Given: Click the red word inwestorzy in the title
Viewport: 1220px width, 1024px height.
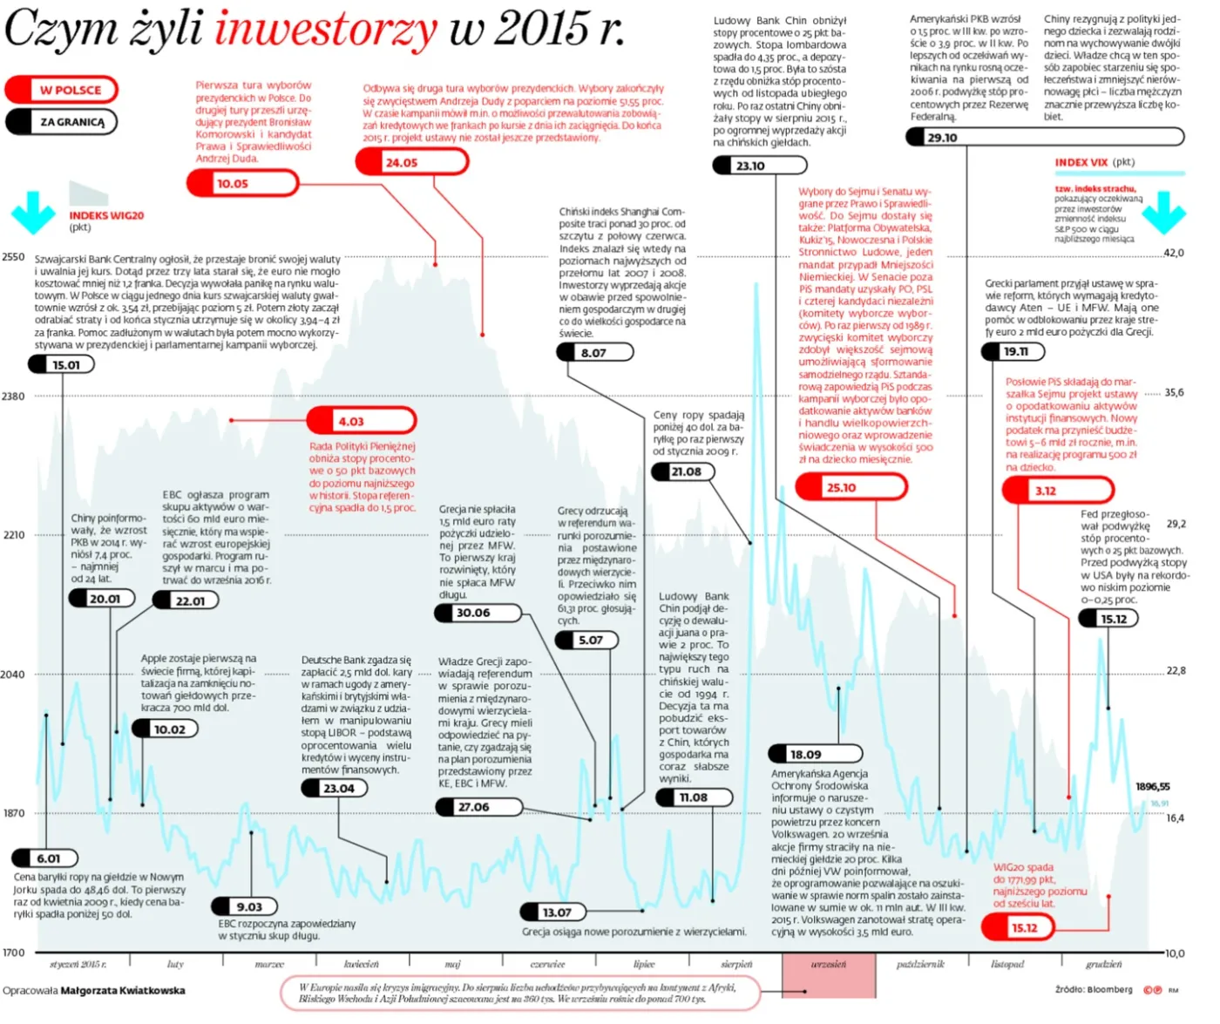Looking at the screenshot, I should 326,29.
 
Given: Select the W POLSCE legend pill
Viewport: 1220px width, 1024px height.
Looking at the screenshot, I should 62,90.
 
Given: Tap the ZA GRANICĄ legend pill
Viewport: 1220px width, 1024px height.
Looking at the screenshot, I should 62,122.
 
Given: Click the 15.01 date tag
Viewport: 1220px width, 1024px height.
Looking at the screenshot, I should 61,365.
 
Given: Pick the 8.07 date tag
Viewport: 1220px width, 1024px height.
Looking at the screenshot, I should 594,353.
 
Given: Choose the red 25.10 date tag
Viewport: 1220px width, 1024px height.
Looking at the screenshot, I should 852,487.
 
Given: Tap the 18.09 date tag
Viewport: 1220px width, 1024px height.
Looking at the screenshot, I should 816,755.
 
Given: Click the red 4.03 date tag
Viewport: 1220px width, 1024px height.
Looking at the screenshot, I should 362,421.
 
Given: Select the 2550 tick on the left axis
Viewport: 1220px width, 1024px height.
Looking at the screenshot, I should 14,257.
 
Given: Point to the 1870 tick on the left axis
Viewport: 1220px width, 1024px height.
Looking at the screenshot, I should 14,813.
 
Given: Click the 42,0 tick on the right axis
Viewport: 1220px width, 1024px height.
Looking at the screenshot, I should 1175,253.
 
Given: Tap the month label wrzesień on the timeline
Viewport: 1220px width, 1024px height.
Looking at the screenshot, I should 829,965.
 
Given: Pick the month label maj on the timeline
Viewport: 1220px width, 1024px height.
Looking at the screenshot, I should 452,965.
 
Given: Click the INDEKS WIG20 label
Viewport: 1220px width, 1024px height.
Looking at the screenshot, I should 107,215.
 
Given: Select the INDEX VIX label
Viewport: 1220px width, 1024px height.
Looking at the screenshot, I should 1082,162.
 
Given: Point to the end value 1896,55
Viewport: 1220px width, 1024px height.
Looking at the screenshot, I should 1153,786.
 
